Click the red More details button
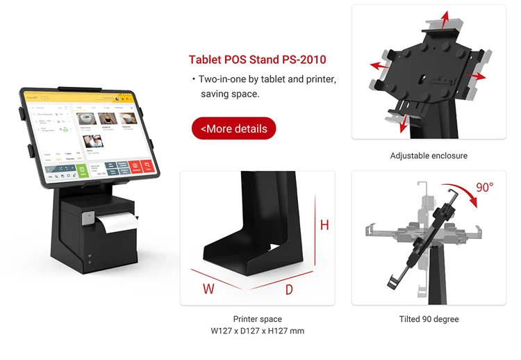coord(233,129)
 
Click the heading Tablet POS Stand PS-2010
coord(257,60)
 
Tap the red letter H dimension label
coord(324,225)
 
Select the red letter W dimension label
coord(208,288)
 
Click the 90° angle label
coord(484,187)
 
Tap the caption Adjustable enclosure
coord(429,156)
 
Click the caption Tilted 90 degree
coord(429,319)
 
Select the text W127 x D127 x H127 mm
coord(258,331)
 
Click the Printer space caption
coord(258,319)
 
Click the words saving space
coord(230,93)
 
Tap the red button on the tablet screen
coord(146,167)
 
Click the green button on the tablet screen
coord(81,170)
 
